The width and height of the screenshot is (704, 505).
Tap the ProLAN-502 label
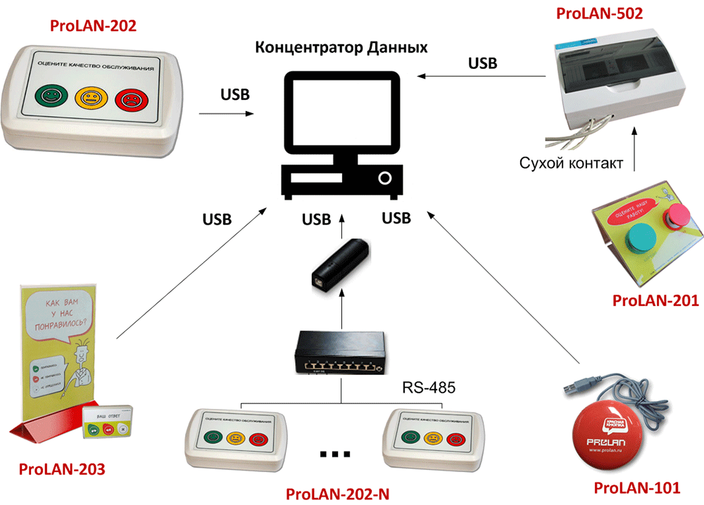(600, 13)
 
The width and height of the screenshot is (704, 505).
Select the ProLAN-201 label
(655, 301)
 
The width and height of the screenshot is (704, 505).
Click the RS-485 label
(429, 387)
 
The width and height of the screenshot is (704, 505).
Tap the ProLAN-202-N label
(337, 493)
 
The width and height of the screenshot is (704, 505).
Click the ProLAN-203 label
(62, 468)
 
